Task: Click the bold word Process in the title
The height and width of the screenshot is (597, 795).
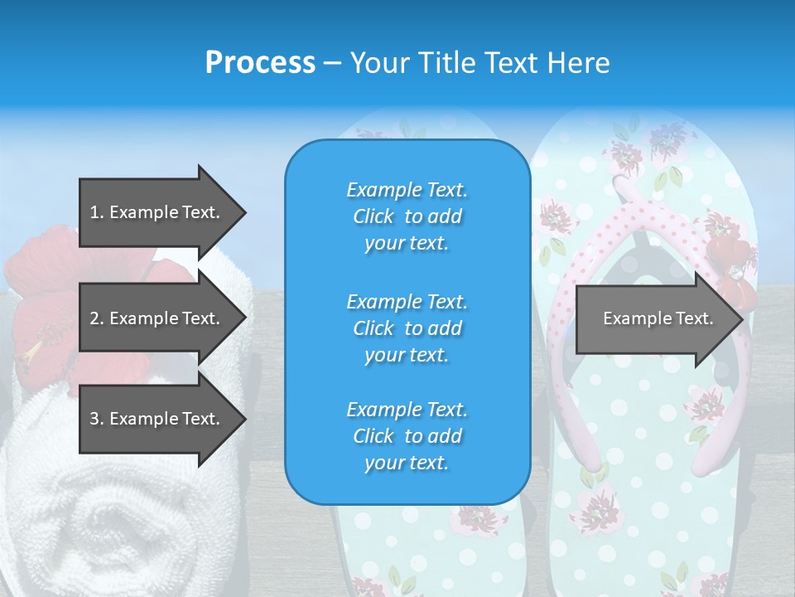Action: (260, 62)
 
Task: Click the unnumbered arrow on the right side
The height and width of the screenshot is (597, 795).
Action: (658, 318)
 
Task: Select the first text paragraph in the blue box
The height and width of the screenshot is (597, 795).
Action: (407, 216)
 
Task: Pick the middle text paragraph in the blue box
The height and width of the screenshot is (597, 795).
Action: (407, 328)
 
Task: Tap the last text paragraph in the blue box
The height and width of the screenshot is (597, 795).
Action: (407, 436)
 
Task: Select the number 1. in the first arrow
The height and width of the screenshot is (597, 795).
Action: (96, 212)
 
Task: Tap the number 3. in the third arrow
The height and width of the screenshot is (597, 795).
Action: (96, 419)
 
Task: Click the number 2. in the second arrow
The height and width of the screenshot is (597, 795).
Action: (96, 318)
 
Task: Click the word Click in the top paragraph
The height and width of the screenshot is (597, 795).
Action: (373, 216)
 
